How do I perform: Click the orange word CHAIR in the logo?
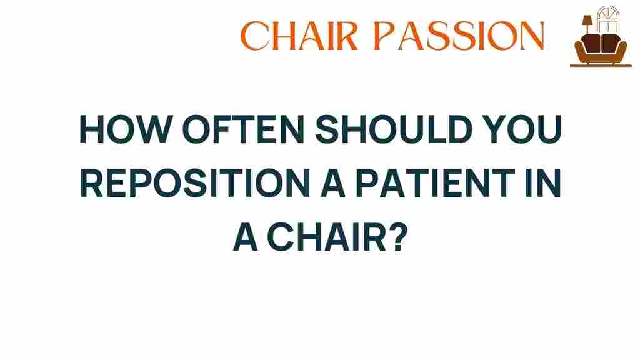click(299, 36)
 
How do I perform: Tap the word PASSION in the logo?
click(459, 36)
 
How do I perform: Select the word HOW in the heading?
click(126, 129)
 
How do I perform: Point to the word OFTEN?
click(243, 129)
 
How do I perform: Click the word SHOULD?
click(394, 129)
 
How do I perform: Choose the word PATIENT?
click(435, 183)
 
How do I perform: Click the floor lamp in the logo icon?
click(586, 25)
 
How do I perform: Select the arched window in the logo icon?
click(608, 19)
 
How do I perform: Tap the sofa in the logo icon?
click(601, 49)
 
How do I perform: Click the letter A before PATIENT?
click(333, 183)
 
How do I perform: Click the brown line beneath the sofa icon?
click(601, 65)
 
